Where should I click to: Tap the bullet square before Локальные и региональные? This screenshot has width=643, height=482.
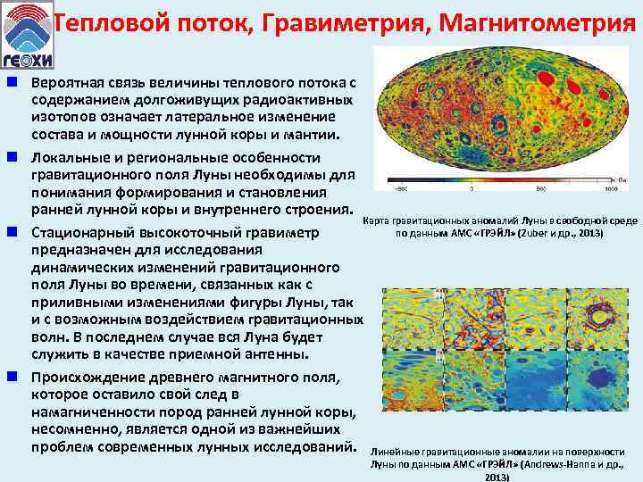coord(13,155)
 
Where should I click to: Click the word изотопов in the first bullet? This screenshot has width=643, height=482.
coord(65,116)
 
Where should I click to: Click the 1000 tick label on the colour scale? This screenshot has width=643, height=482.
coord(611,189)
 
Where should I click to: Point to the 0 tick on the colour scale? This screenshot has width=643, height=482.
coord(501,189)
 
